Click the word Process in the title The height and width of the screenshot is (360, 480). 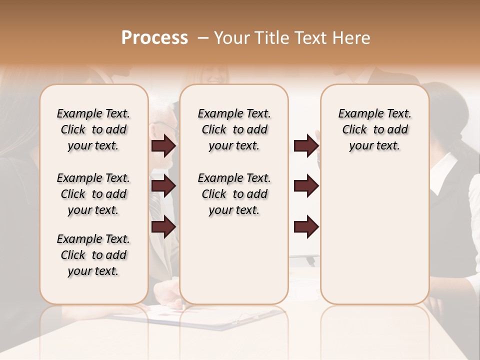pyautogui.click(x=154, y=37)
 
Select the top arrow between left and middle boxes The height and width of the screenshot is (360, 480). pyautogui.click(x=163, y=145)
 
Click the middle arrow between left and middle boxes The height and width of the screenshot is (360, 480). pyautogui.click(x=163, y=186)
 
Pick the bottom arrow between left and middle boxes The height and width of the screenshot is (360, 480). pyautogui.click(x=163, y=226)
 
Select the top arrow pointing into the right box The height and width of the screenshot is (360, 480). pyautogui.click(x=306, y=145)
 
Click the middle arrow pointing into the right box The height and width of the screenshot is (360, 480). pyautogui.click(x=306, y=186)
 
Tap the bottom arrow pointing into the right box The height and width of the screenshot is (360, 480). pyautogui.click(x=306, y=226)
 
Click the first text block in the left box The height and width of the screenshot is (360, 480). pyautogui.click(x=93, y=129)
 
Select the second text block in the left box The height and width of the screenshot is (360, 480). pyautogui.click(x=93, y=194)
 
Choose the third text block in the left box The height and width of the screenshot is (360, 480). pyautogui.click(x=93, y=255)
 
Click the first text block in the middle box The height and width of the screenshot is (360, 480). pyautogui.click(x=234, y=129)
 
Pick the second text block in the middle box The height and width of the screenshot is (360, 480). pyautogui.click(x=234, y=194)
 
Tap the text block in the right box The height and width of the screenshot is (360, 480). pyautogui.click(x=375, y=129)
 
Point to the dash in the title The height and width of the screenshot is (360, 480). pyautogui.click(x=203, y=37)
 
